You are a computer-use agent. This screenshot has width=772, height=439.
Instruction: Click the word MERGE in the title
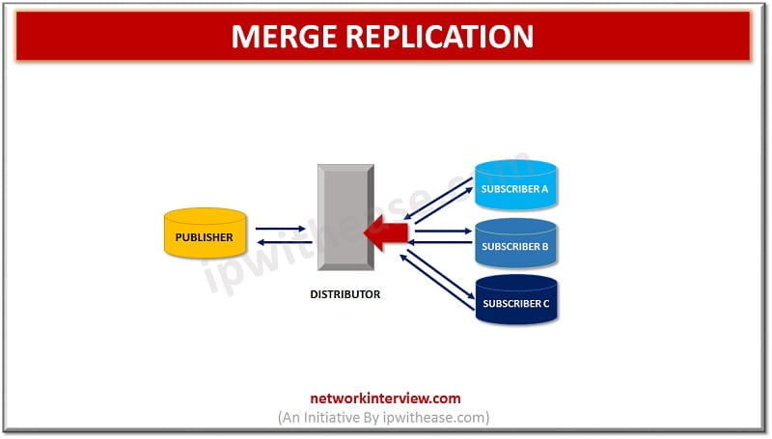pyautogui.click(x=280, y=37)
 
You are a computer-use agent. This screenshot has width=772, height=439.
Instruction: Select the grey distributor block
pyautogui.click(x=345, y=218)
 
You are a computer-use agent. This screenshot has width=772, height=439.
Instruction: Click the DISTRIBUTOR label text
pyautogui.click(x=345, y=294)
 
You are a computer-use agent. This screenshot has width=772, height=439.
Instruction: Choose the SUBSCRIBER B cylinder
pyautogui.click(x=515, y=244)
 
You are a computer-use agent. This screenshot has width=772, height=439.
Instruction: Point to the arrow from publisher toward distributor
pyautogui.click(x=281, y=229)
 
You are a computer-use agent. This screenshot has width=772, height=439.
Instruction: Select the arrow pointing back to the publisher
pyautogui.click(x=281, y=241)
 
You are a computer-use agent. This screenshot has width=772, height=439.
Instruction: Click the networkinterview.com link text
pyautogui.click(x=384, y=398)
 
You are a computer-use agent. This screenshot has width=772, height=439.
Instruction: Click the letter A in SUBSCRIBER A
pyautogui.click(x=544, y=189)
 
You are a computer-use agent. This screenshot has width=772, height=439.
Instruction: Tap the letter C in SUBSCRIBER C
pyautogui.click(x=544, y=304)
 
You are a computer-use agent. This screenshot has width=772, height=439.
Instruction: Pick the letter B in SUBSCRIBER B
pyautogui.click(x=544, y=247)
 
